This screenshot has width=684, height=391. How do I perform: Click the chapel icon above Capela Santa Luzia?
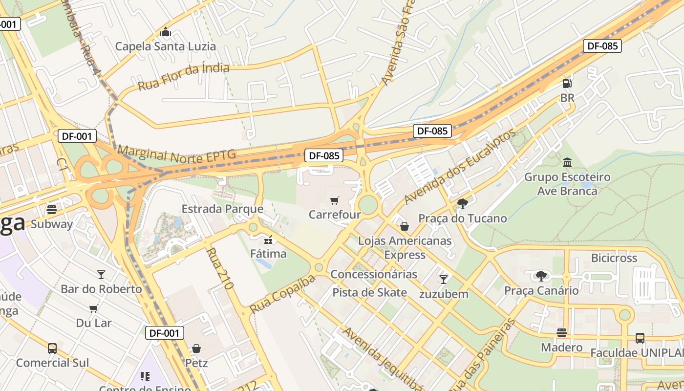click(166, 33)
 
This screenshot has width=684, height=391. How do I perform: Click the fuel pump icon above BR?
click(567, 84)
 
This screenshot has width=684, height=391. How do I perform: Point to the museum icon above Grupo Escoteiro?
click(567, 162)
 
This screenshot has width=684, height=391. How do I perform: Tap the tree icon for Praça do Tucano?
click(463, 204)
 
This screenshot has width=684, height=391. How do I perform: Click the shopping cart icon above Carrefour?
click(335, 200)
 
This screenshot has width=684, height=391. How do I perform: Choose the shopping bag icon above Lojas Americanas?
click(405, 226)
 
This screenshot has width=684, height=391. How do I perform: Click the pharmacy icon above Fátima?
click(268, 239)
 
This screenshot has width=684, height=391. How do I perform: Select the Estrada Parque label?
click(222, 209)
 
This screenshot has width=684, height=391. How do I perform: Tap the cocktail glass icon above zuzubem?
click(444, 279)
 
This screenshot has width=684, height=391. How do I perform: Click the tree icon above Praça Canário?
click(541, 276)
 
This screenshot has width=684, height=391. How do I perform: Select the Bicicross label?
click(614, 258)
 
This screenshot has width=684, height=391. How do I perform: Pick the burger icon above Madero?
click(561, 333)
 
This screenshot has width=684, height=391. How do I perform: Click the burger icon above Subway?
click(52, 210)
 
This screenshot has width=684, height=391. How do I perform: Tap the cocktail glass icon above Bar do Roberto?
click(101, 274)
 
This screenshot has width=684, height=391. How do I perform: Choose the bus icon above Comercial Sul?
click(52, 348)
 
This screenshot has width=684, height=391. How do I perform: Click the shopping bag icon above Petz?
click(196, 348)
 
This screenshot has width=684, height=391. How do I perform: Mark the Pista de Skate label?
click(369, 292)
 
